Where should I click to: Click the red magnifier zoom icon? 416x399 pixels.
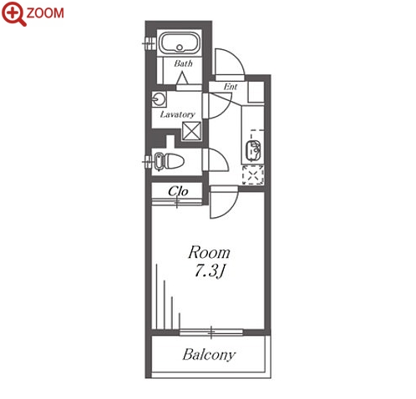point(13,14)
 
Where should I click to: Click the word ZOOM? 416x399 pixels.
point(45,13)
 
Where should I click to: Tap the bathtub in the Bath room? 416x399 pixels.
point(179,43)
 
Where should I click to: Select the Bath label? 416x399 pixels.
point(183,63)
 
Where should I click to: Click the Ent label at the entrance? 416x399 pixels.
point(231,87)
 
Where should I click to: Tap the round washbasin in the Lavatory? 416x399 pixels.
point(159,99)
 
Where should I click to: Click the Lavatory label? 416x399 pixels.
point(177,114)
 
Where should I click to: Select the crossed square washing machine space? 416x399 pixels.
point(191,131)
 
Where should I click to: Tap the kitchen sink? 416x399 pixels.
point(253,150)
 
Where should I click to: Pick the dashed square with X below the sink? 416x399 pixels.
point(253,174)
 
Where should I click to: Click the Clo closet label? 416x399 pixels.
point(178,191)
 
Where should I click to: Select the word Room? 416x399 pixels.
point(209,253)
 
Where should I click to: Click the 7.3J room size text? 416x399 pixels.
point(209,270)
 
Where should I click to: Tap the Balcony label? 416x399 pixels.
point(209,355)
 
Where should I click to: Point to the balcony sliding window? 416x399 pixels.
point(211,332)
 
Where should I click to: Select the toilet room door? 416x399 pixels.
point(216,159)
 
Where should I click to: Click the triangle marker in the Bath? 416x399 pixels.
point(183,78)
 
